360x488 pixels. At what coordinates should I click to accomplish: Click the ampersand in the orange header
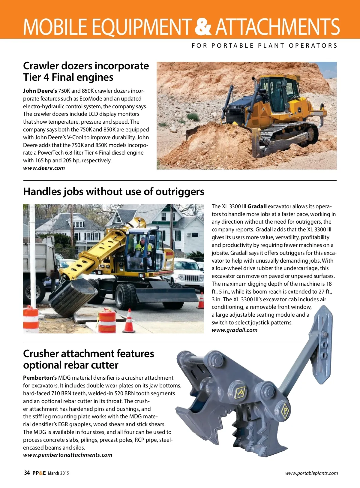point(203,26)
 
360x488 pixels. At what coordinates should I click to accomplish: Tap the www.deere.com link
point(44,168)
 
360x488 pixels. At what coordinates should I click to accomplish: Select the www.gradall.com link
point(234,330)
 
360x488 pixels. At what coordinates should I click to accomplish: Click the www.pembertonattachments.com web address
point(67,455)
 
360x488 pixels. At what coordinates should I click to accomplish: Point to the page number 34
point(27,473)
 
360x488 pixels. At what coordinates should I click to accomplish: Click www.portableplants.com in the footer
point(311,473)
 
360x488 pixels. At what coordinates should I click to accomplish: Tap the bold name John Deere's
point(40,91)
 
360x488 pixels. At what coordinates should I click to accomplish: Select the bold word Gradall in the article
point(257,206)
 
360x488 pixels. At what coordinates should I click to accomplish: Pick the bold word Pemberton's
point(40,378)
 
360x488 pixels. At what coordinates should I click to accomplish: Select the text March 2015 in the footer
point(58,473)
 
